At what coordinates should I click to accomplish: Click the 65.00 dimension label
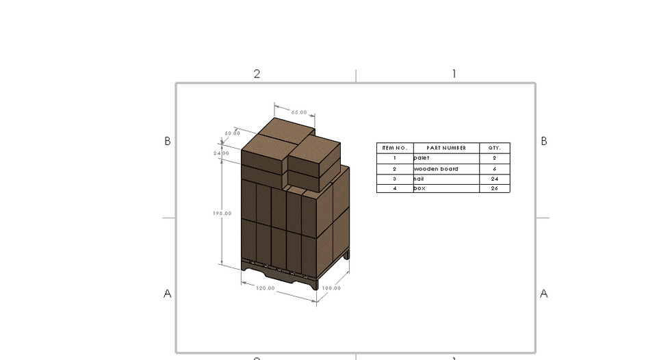[x=299, y=112]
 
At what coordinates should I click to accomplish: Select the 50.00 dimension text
[x=232, y=133]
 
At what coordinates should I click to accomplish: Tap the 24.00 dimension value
[x=221, y=153]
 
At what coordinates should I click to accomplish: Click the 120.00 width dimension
[x=266, y=288]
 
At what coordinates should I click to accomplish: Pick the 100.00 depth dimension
[x=331, y=288]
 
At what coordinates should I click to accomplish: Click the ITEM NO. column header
[x=395, y=148]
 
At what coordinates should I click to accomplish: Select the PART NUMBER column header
[x=446, y=148]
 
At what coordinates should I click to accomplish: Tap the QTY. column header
[x=494, y=148]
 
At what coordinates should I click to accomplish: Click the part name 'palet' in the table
[x=422, y=158]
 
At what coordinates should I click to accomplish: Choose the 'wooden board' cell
[x=436, y=168]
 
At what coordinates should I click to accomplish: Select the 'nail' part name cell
[x=420, y=179]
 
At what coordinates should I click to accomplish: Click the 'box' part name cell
[x=420, y=188]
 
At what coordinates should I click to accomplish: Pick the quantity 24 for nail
[x=494, y=179]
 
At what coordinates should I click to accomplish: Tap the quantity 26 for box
[x=494, y=188]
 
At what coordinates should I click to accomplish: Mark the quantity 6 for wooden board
[x=494, y=168]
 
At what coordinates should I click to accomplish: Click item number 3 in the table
[x=395, y=179]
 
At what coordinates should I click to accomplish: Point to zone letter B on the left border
[x=167, y=141]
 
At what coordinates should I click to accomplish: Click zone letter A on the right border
[x=544, y=294]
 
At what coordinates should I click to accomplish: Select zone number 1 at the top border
[x=453, y=74]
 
